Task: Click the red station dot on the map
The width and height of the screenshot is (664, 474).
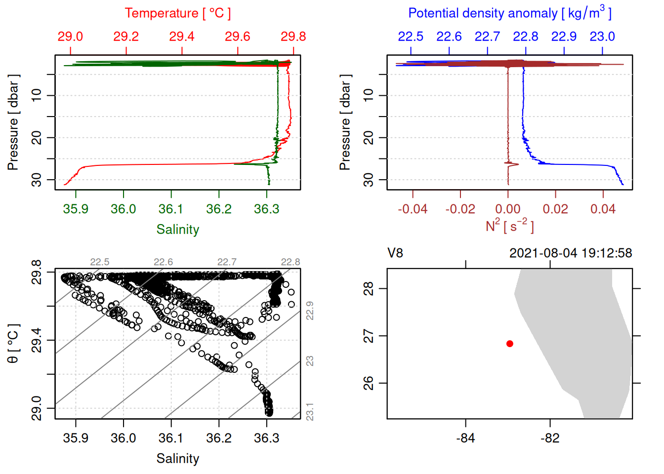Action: point(509,344)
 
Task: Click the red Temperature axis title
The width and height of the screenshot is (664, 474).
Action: point(177,13)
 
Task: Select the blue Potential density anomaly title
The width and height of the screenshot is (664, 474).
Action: point(509,13)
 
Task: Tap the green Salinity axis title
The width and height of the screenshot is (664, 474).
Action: point(177,230)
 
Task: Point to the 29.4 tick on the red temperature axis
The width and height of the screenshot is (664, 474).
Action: point(182,37)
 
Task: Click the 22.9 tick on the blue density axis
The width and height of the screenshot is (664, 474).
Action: point(564,37)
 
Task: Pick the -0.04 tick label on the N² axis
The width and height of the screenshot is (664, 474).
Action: point(413,209)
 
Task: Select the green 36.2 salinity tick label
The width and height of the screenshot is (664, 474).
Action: point(219,209)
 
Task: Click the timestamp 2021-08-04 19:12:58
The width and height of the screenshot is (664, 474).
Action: point(571,253)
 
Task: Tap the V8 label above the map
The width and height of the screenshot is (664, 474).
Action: point(395,253)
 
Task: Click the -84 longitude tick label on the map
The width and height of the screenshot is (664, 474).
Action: point(465,438)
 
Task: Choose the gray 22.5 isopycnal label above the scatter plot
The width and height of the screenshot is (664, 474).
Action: point(100,262)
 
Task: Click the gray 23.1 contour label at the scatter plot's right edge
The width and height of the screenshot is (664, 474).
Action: point(310,412)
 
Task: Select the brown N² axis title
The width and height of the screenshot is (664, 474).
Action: point(509,226)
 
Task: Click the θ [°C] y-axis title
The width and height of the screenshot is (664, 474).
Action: point(13,344)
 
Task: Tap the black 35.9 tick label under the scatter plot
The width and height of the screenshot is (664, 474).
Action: point(76,438)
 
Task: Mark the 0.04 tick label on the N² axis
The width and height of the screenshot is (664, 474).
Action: point(603,209)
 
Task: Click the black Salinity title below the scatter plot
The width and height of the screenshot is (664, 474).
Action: point(177,459)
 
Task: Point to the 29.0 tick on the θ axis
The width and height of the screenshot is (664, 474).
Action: point(37,408)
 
